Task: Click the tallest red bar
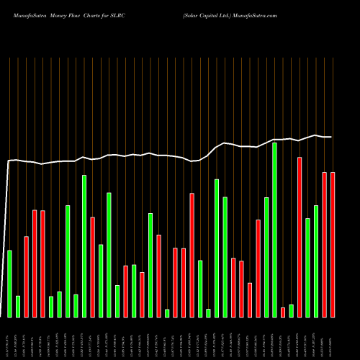point(300,237)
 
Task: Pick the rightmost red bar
point(333,245)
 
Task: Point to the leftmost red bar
point(27,276)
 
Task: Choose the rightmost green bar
point(316,261)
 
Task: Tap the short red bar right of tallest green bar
point(283,312)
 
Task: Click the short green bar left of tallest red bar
point(292,310)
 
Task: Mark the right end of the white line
point(331,137)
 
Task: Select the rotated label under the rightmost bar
point(333,338)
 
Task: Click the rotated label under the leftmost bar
point(10,338)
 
